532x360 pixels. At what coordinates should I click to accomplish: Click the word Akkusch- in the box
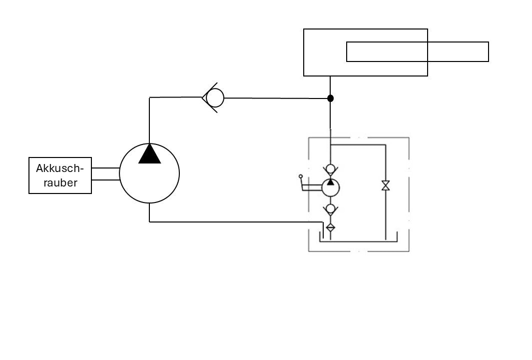pos(60,168)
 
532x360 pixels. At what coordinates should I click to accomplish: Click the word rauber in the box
pos(60,182)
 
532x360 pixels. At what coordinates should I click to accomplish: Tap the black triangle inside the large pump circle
pos(149,154)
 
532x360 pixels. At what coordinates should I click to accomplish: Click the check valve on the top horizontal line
pos(214,97)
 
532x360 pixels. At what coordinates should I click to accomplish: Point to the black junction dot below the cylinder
pos(330,98)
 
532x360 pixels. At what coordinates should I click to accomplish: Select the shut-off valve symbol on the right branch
pos(386,185)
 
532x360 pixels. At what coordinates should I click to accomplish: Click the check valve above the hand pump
pos(330,168)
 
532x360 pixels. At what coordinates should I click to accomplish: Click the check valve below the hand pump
pos(330,208)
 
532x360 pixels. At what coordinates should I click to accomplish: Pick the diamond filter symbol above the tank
pos(330,227)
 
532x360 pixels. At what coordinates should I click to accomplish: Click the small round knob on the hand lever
pos(301,176)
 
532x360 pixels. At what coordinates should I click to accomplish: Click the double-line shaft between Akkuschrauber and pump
pos(105,173)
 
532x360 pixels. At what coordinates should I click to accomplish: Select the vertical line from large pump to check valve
pos(149,120)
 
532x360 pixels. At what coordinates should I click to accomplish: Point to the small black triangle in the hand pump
pos(330,182)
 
